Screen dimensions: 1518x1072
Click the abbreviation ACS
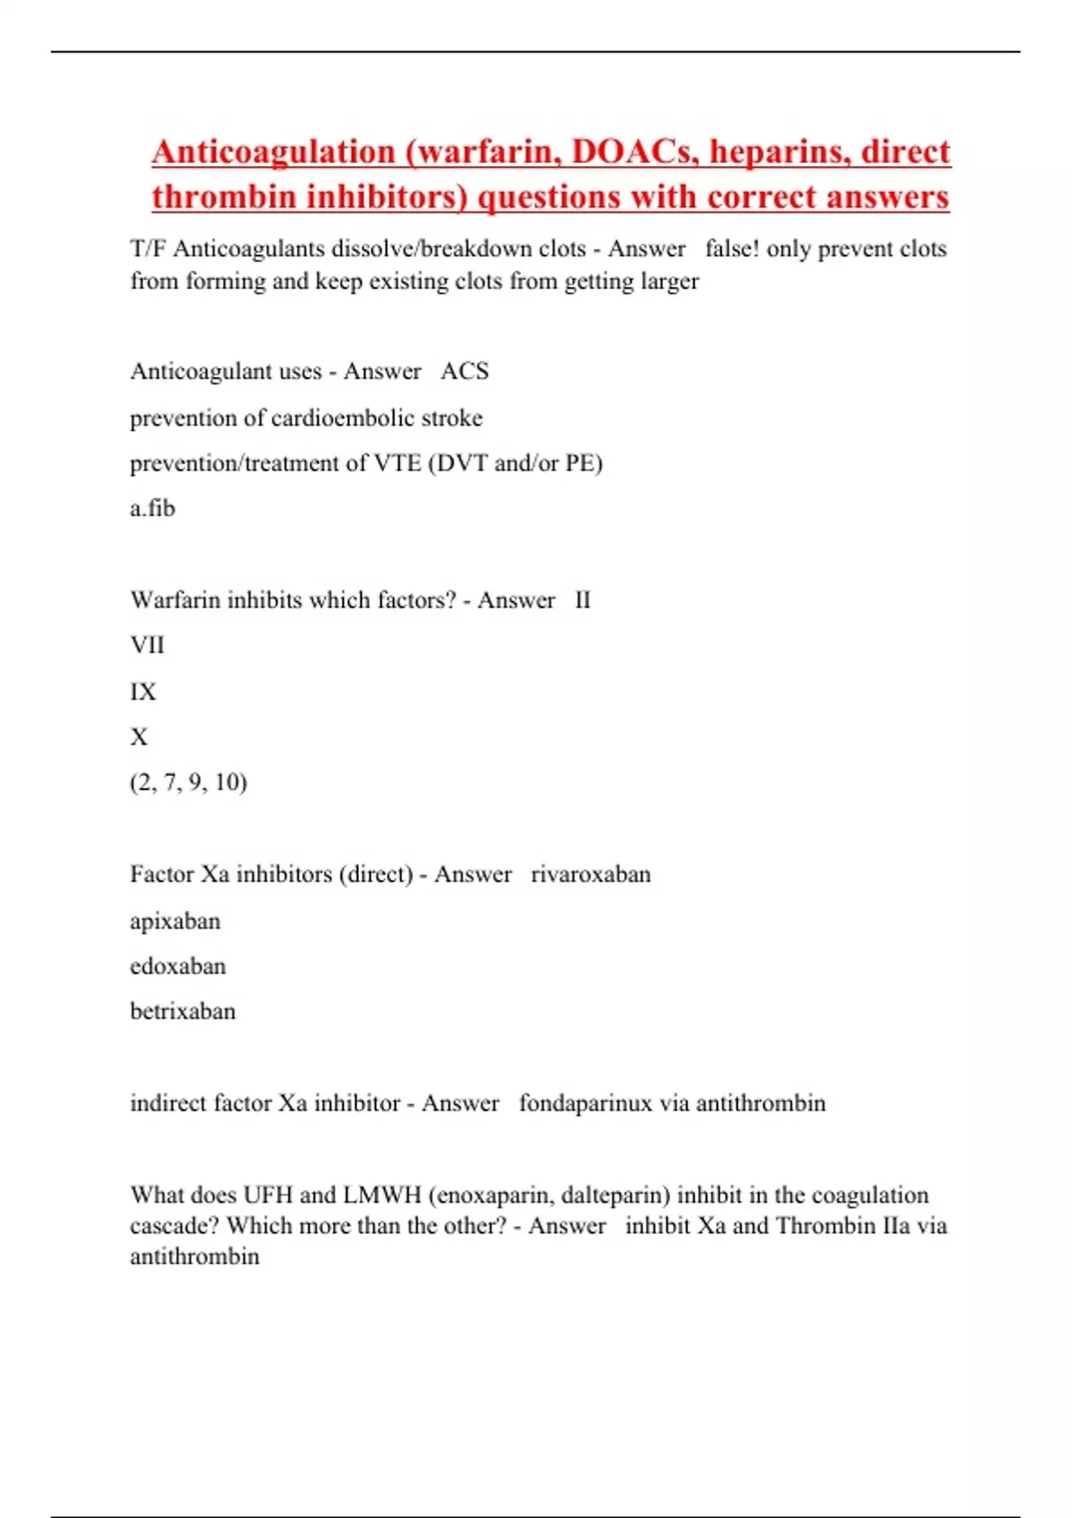click(x=465, y=371)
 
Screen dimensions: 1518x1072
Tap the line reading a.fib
click(x=152, y=509)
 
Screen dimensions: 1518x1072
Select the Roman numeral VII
click(x=147, y=645)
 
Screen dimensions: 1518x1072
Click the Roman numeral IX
click(x=143, y=691)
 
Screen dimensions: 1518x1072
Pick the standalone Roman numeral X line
click(x=138, y=737)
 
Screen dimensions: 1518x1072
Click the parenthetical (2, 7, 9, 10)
click(x=188, y=782)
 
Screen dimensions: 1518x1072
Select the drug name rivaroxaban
click(x=590, y=874)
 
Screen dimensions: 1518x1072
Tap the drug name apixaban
click(x=175, y=921)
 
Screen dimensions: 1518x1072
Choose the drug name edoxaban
click(x=178, y=966)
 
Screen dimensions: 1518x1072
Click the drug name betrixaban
click(x=183, y=1012)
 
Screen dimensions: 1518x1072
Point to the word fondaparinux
click(x=585, y=1104)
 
